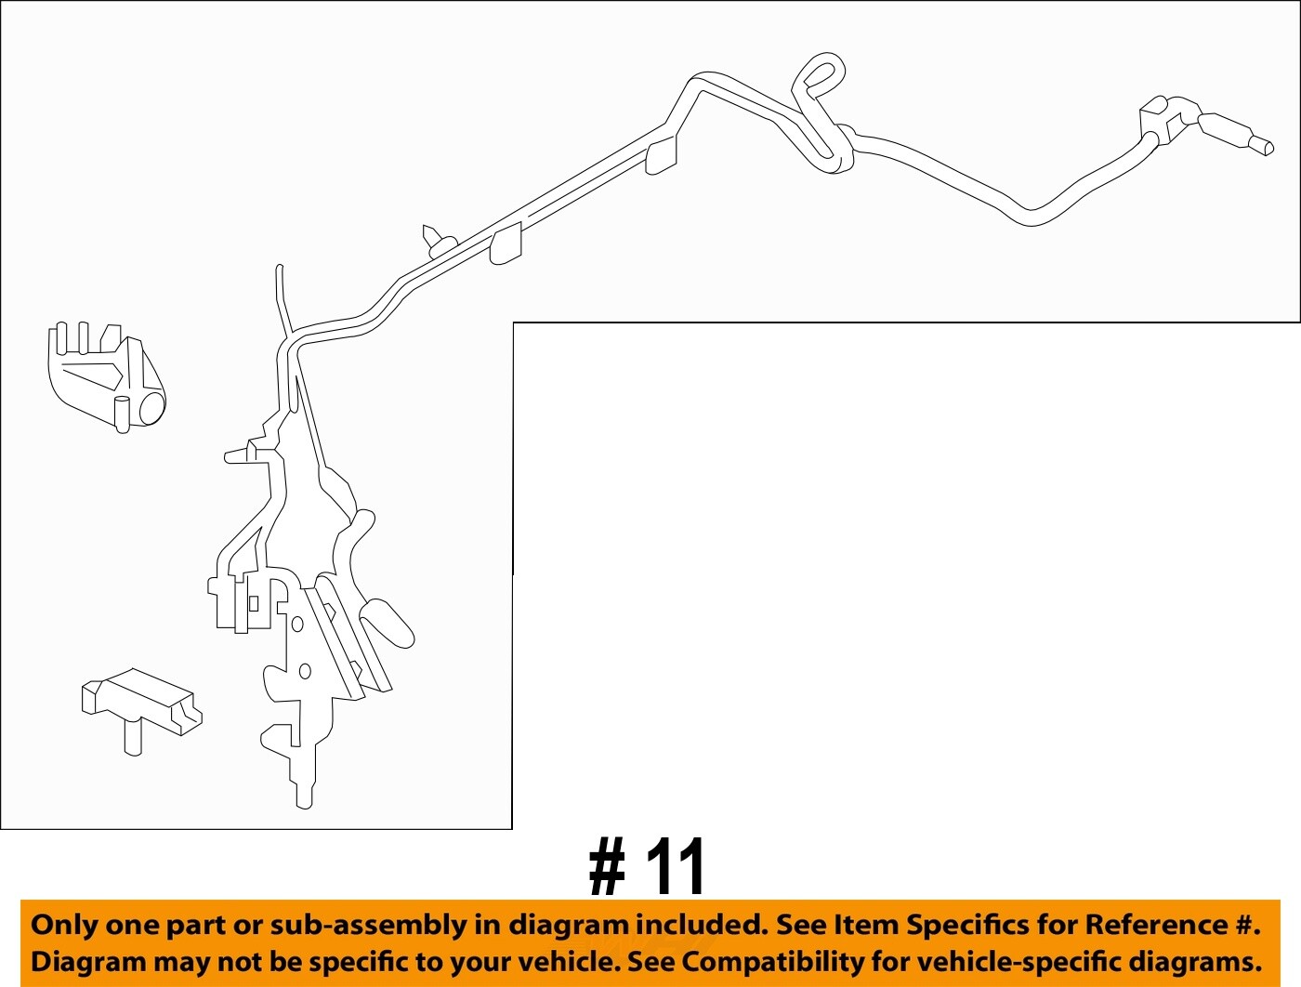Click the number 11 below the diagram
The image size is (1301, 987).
coord(676,867)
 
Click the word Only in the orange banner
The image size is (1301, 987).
coord(63,925)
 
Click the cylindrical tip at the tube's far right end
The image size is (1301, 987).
coord(1261,145)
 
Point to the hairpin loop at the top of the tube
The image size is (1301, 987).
coord(821,73)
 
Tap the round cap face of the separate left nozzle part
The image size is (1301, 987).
coord(151,408)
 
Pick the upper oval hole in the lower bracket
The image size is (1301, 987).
coord(297,624)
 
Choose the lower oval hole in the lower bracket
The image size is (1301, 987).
coord(305,671)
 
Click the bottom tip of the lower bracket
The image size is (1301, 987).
coord(304,798)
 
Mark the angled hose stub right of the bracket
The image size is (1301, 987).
coord(388,621)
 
